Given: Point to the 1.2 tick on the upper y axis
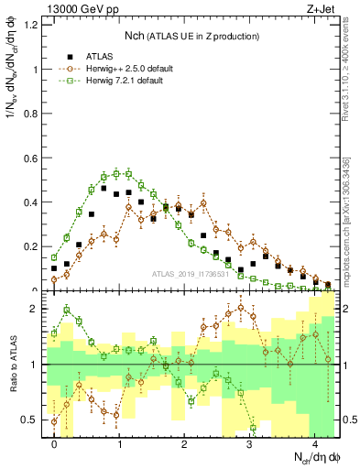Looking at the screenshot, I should [x=33, y=25].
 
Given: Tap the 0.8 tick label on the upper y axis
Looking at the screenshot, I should [x=33, y=114].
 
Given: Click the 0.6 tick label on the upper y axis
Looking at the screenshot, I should [x=33, y=158].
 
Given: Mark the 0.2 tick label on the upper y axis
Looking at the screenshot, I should [x=33, y=246].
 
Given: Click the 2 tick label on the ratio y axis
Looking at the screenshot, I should [x=38, y=309].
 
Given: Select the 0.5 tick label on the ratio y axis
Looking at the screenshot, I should [x=33, y=420].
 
